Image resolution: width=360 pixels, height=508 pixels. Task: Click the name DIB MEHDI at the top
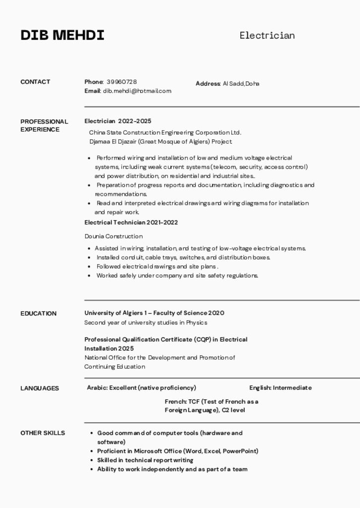[63, 36]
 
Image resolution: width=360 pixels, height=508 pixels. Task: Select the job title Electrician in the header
[267, 35]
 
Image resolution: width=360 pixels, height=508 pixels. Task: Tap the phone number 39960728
[122, 82]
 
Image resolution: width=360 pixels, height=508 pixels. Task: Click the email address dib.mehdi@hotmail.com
[137, 91]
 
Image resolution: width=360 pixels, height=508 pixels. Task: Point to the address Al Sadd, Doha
[241, 83]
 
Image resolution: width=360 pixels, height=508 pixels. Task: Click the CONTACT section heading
[35, 82]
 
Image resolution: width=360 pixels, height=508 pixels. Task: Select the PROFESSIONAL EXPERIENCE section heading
[44, 126]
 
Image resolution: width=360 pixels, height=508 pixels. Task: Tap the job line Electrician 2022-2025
[118, 121]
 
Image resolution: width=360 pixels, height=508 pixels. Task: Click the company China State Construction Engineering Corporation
[165, 132]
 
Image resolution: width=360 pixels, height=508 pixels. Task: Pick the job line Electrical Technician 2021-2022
[131, 222]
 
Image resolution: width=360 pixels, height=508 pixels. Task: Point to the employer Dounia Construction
[113, 236]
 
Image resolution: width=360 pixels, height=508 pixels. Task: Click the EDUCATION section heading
[38, 314]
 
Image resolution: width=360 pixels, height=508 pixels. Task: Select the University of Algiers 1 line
[154, 313]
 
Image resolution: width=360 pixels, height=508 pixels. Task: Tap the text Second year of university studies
[145, 322]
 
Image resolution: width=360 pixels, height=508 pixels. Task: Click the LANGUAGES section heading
[40, 388]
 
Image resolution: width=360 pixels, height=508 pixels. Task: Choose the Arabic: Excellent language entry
[142, 388]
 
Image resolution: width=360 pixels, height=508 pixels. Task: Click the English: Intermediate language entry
[281, 388]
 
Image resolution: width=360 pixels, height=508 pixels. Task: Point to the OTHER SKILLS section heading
[43, 433]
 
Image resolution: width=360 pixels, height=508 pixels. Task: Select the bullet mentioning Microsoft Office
[177, 451]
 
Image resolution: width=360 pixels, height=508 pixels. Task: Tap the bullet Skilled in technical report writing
[145, 460]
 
